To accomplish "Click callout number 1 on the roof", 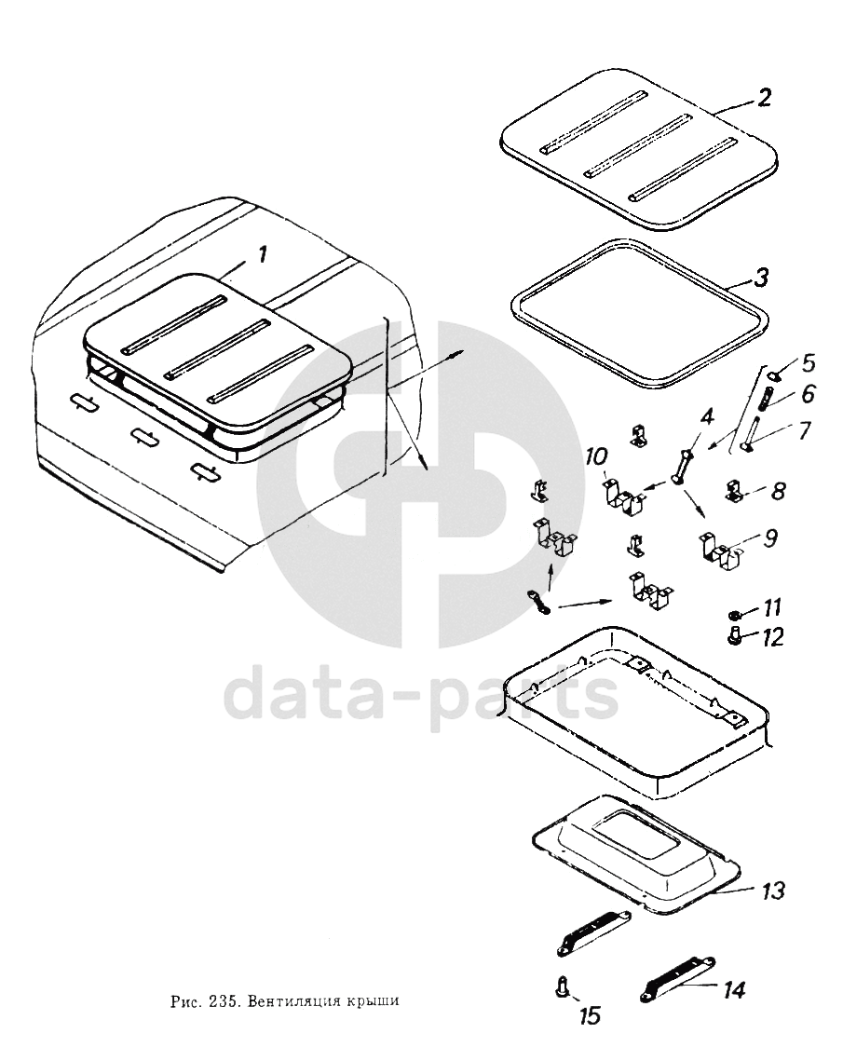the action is (261, 255).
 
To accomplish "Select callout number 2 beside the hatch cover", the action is (763, 98).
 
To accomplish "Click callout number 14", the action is (733, 990).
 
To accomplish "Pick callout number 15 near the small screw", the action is (590, 1015).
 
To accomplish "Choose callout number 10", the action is (597, 456).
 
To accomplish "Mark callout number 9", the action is (770, 537).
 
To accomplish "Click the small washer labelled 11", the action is (734, 615).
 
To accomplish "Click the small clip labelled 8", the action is (736, 491).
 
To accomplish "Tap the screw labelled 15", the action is (562, 986).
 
